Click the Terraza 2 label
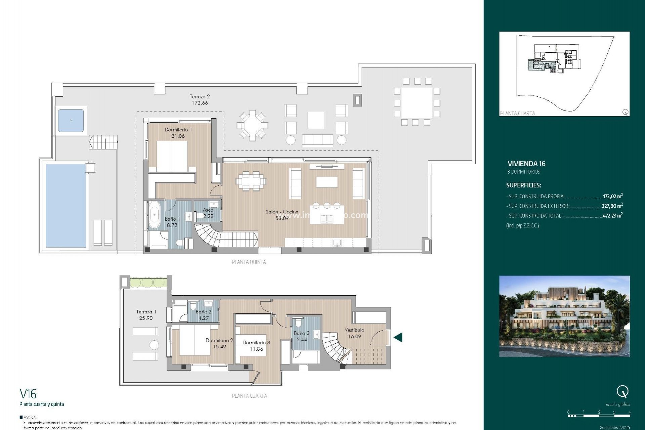(200, 96)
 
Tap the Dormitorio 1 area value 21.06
(178, 136)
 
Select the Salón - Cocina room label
(282, 212)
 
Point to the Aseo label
(208, 210)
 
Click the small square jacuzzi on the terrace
(71, 120)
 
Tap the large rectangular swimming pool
(66, 205)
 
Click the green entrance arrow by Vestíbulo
(398, 337)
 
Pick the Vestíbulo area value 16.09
(354, 336)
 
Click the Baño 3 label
(301, 333)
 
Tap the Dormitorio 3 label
(256, 343)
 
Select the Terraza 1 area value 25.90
(146, 318)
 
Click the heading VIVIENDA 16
(526, 164)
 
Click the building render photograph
(564, 316)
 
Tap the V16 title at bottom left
(28, 394)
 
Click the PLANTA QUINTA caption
(249, 262)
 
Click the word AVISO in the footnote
(30, 417)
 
